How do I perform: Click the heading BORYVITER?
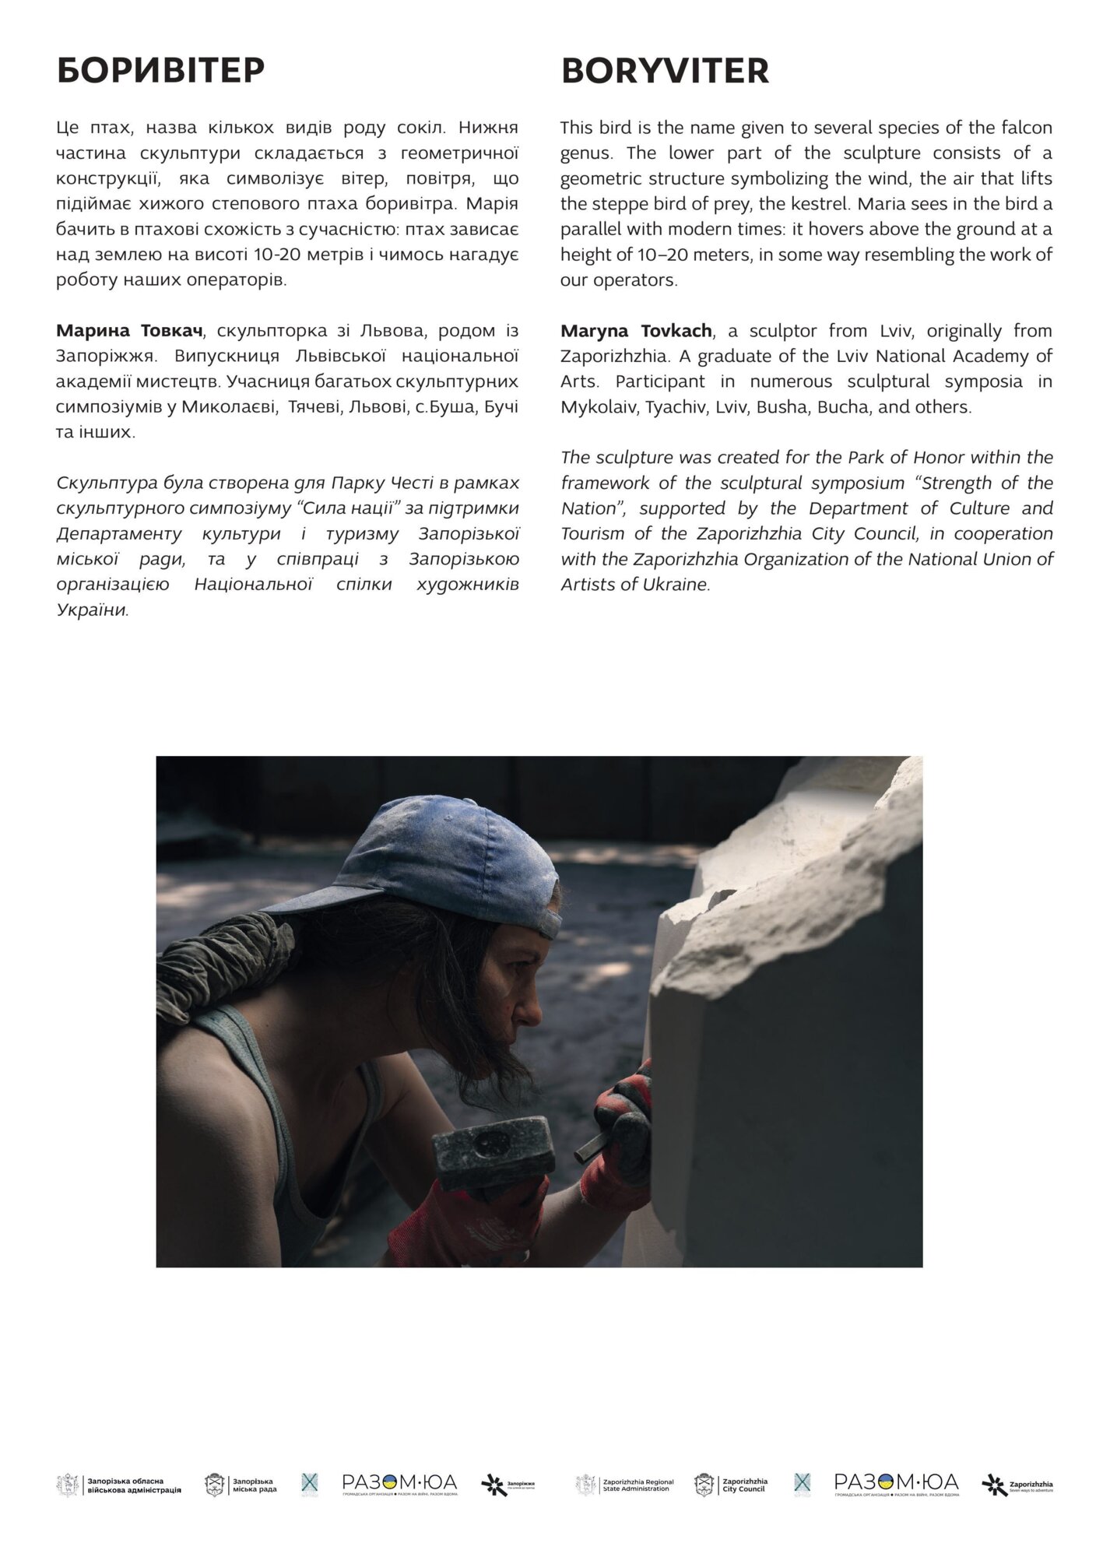coord(665,71)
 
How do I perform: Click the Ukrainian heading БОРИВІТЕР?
coord(160,71)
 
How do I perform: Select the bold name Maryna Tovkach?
coord(636,331)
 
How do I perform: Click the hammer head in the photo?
coord(493,1152)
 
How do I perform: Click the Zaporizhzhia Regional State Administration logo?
coord(625,1485)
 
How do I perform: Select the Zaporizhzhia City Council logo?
coord(731,1485)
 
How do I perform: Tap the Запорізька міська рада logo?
coord(241,1485)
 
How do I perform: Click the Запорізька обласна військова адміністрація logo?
coord(118,1485)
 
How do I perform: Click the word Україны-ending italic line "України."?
coord(93,610)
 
